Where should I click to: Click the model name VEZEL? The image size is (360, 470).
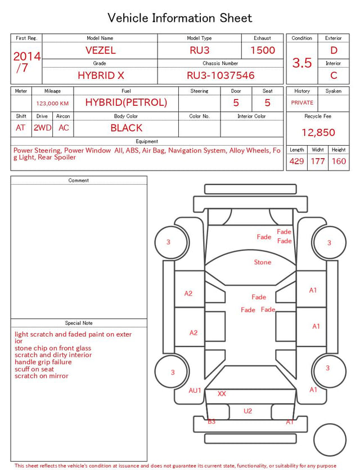point(100,50)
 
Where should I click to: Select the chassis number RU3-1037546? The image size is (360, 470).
point(220,75)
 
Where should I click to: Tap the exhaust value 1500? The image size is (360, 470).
point(263,50)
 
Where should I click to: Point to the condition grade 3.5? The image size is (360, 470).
point(302,63)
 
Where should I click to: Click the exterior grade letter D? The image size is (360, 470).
point(334,50)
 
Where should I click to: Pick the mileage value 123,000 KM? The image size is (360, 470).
point(52,104)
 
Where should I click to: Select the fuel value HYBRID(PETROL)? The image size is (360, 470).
point(126,102)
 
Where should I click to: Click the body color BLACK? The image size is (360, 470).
point(127,128)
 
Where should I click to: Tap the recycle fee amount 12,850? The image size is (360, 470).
point(318,132)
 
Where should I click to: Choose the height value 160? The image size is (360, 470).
point(339,161)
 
